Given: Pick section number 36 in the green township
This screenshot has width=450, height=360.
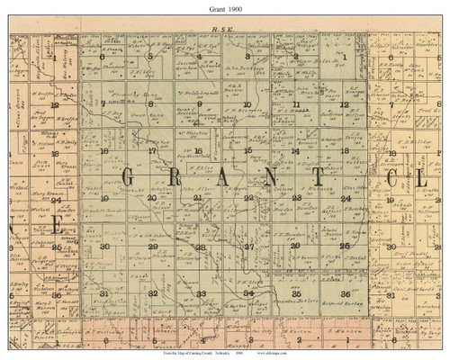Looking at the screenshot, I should (x=346, y=293).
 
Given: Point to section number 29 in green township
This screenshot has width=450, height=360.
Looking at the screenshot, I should (x=152, y=246).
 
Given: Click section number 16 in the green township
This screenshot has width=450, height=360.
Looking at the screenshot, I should (x=199, y=149).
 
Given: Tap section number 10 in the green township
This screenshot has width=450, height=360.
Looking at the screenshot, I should (x=247, y=104).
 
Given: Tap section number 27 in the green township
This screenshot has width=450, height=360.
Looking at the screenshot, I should (x=249, y=246).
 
